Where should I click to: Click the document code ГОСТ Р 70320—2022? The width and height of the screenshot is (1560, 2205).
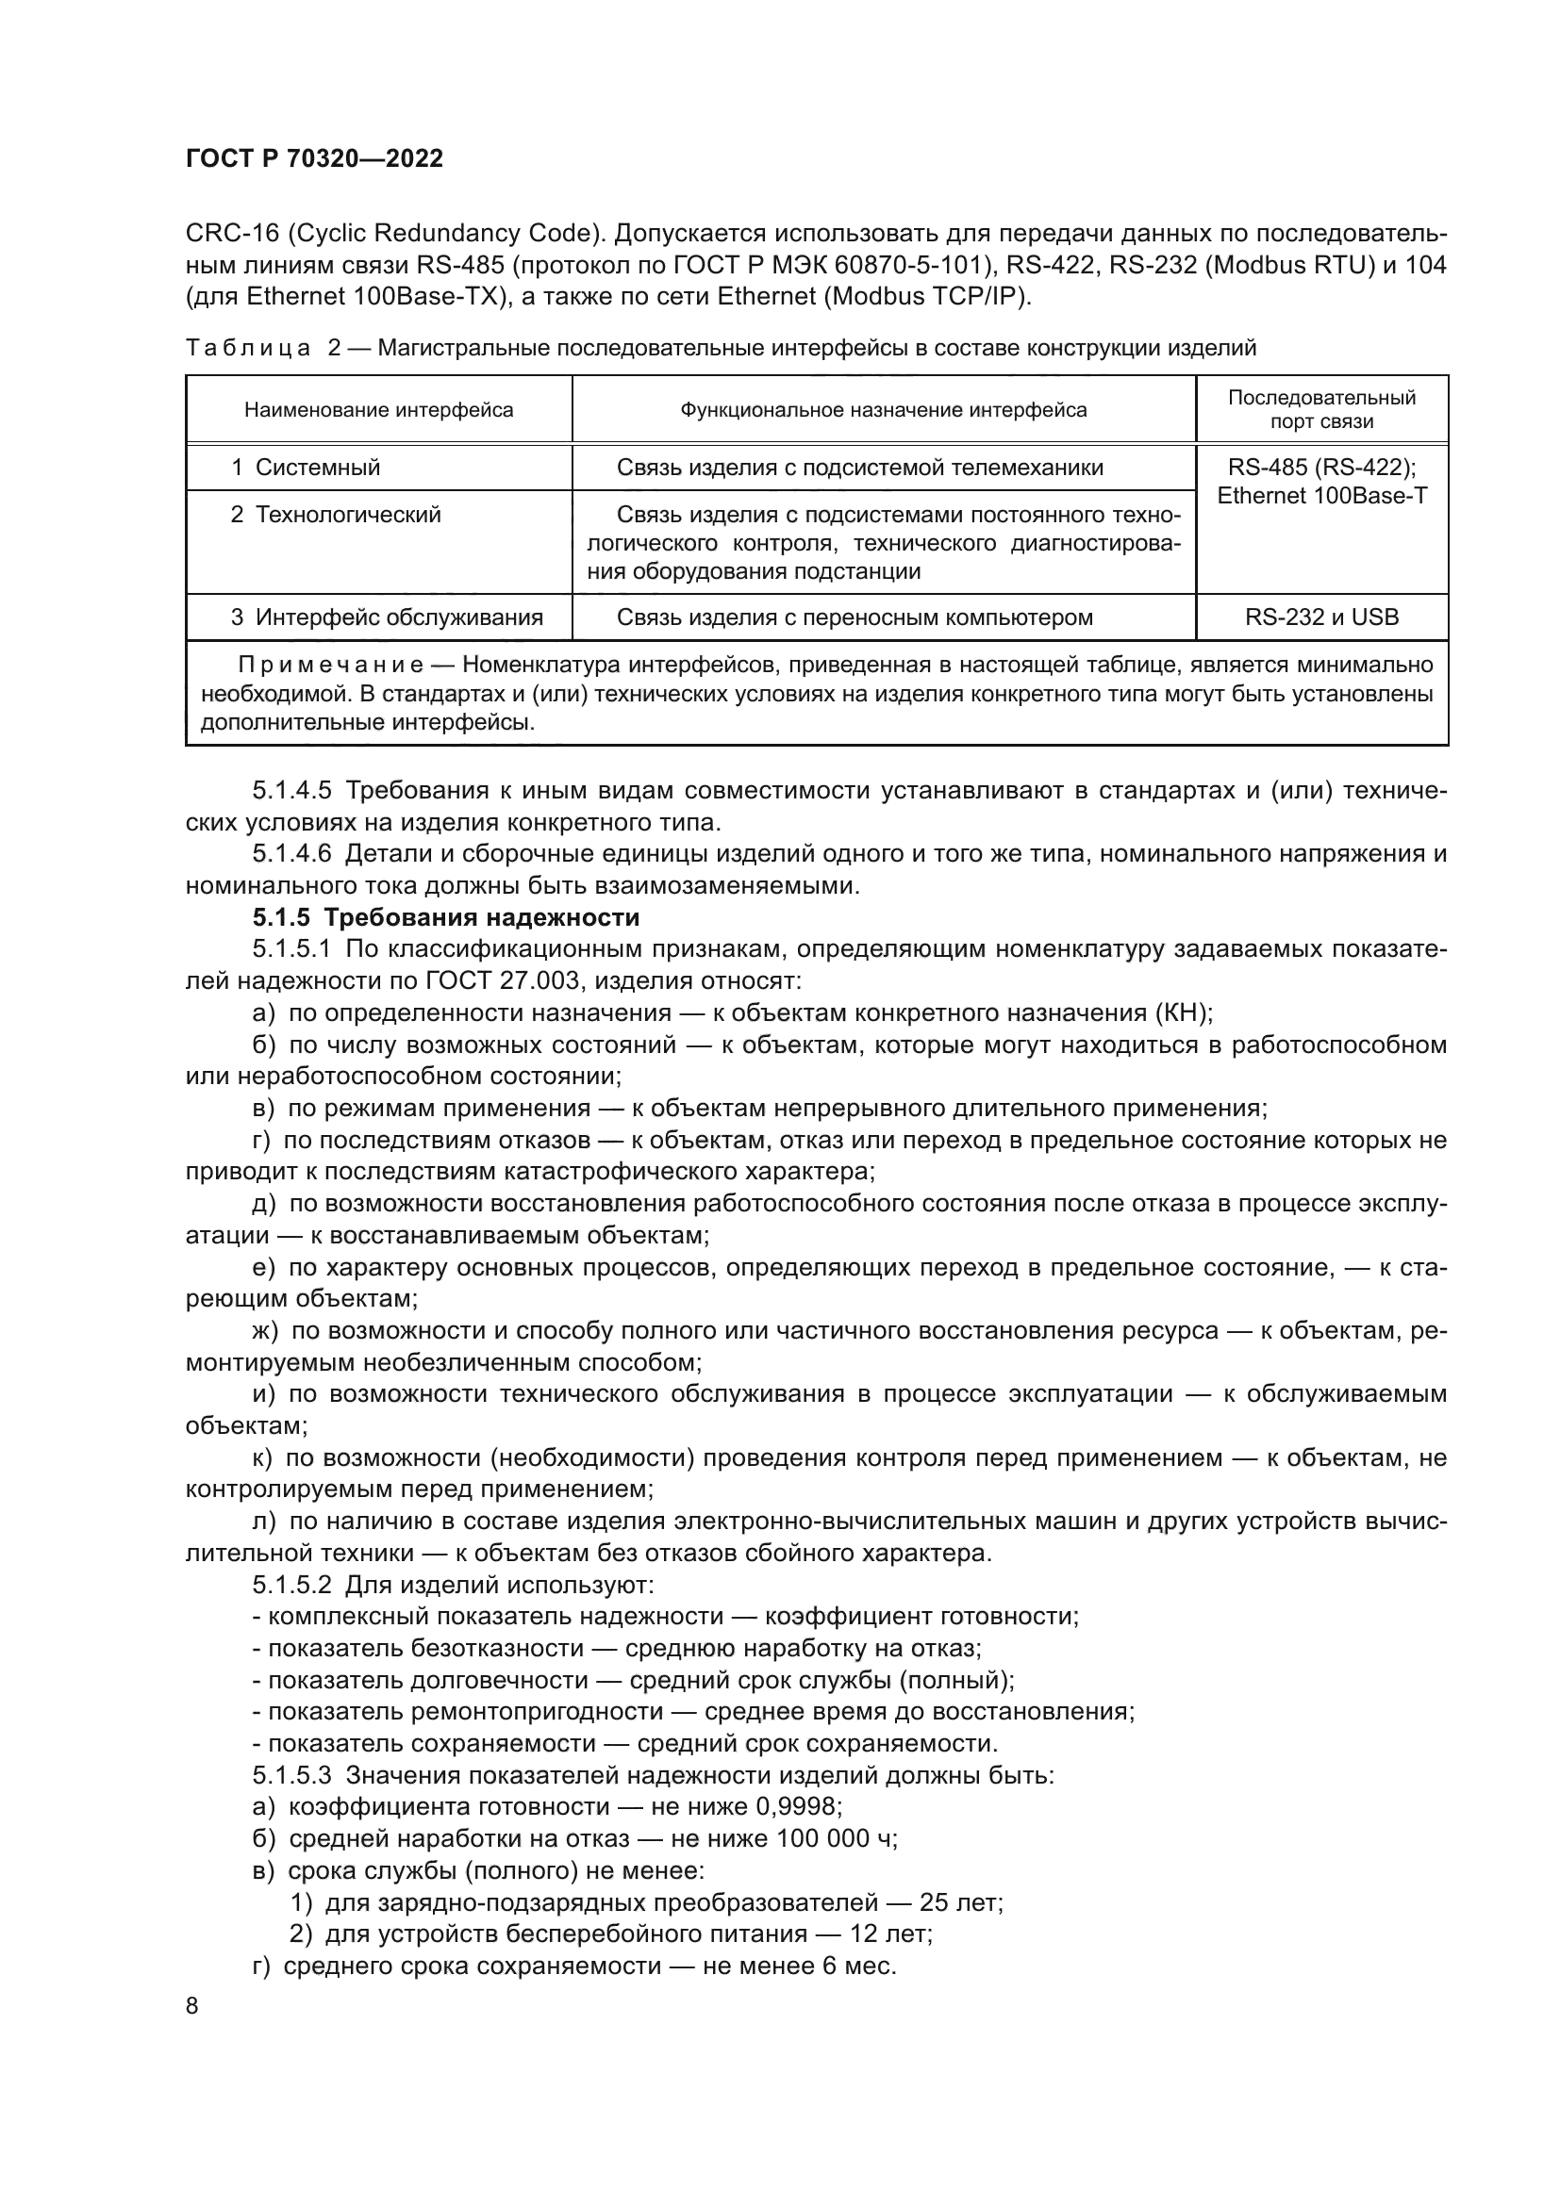click(314, 159)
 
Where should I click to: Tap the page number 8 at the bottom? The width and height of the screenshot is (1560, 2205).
click(192, 2006)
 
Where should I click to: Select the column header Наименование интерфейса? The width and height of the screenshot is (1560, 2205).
click(378, 410)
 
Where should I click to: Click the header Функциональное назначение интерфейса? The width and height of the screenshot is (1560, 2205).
click(883, 410)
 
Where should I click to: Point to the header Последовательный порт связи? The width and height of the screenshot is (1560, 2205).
click(1320, 409)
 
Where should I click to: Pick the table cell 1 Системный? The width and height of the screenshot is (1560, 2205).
click(306, 468)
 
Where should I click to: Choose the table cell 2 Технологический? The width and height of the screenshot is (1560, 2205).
click(335, 515)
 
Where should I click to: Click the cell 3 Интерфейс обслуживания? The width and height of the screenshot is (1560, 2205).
click(386, 617)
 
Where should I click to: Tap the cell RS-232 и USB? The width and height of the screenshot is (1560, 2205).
click(1320, 617)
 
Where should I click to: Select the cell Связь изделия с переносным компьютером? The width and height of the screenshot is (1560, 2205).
click(854, 617)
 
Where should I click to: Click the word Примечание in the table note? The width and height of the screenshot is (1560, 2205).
click(330, 666)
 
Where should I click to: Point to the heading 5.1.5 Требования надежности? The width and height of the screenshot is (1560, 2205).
click(446, 918)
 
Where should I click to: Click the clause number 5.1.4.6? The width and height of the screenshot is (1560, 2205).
click(292, 854)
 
